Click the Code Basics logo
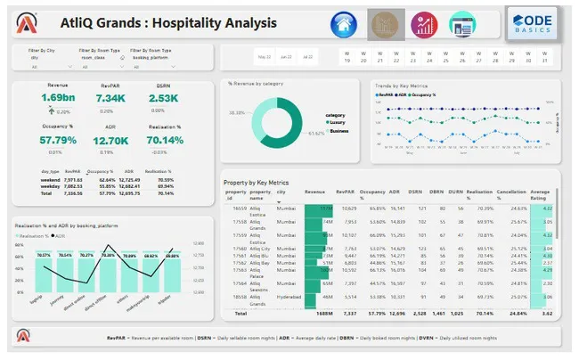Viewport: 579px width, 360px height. (x=533, y=24)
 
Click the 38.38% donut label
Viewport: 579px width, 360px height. (x=237, y=113)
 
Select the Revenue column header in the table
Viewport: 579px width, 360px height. (x=314, y=191)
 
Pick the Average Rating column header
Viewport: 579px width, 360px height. (x=540, y=194)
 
